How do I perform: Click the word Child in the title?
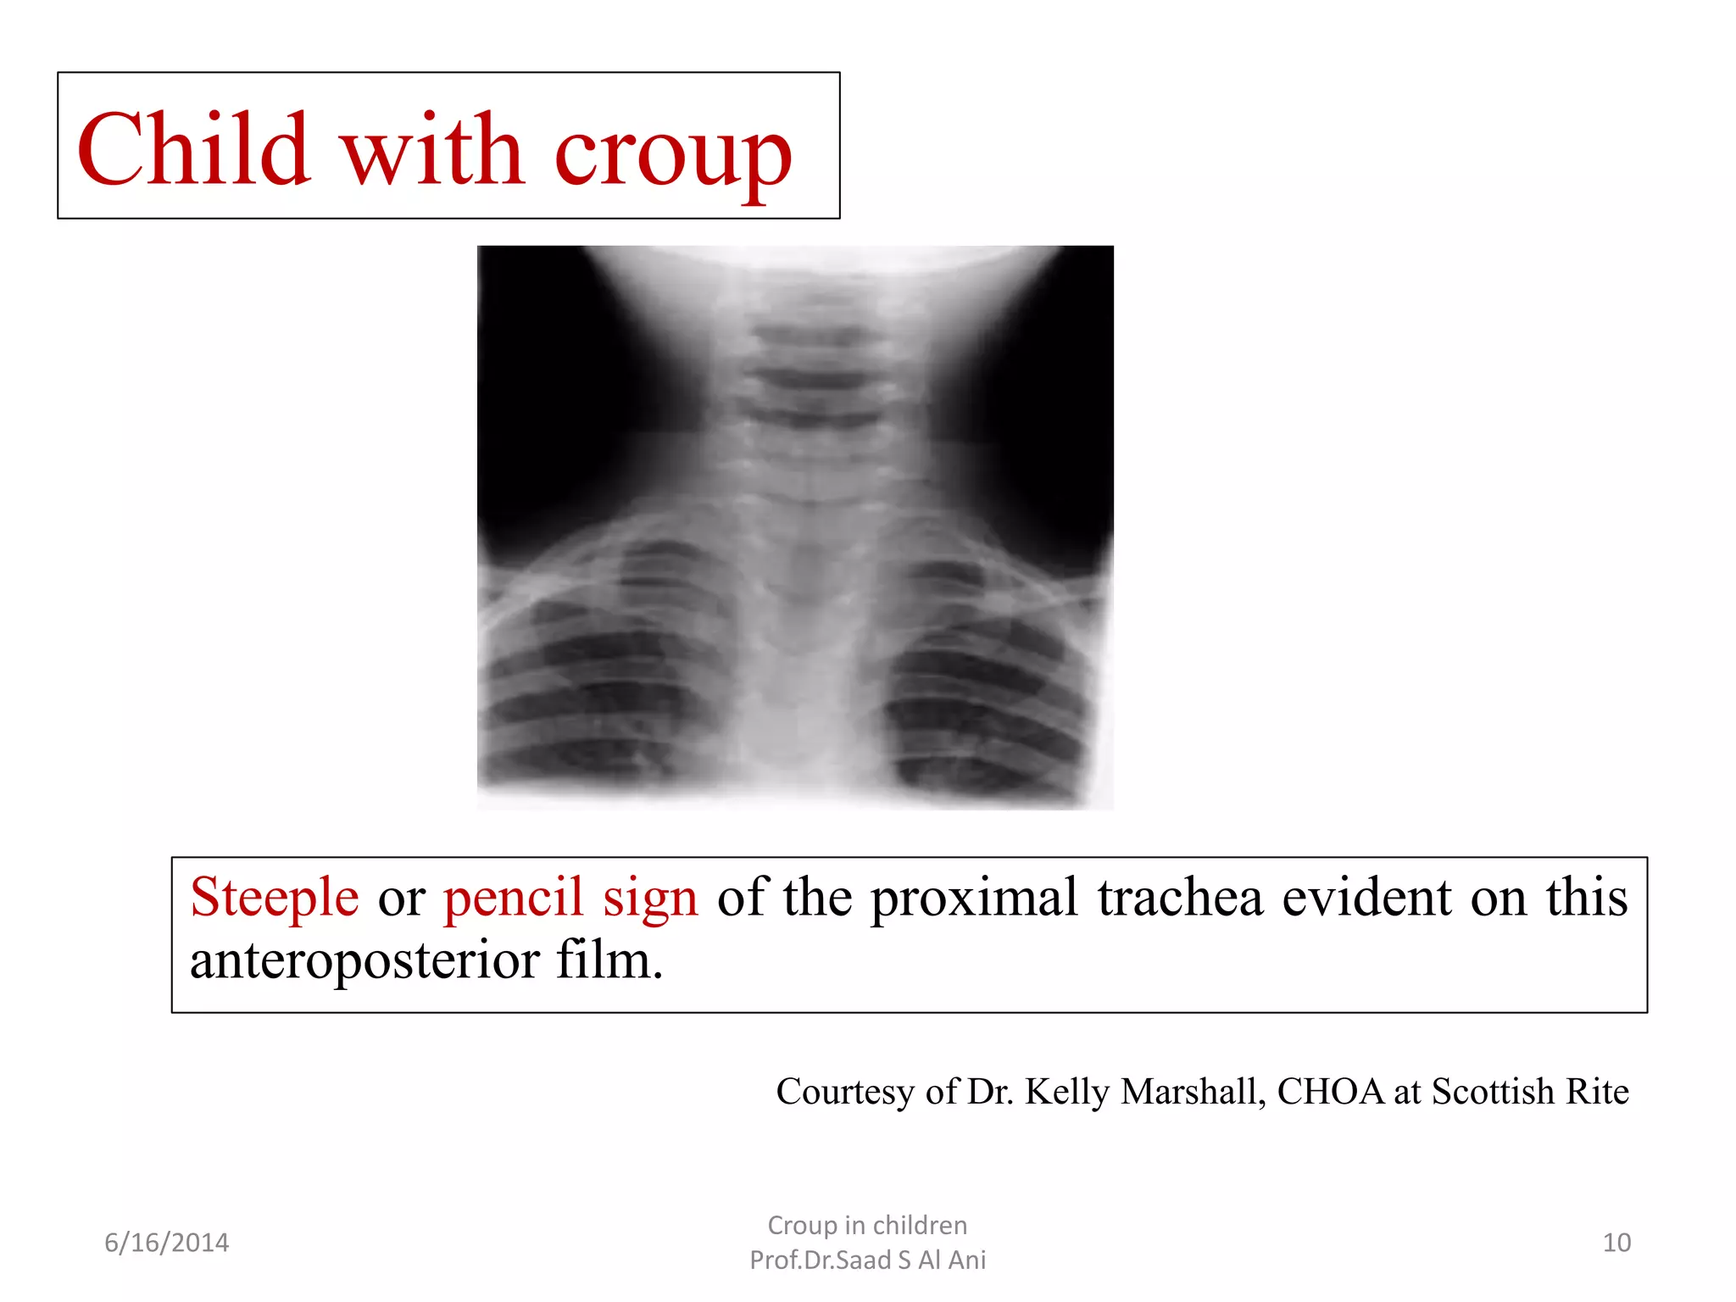193,149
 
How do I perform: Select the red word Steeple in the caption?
275,899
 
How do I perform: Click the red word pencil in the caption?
514,899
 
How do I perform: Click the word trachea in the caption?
1180,897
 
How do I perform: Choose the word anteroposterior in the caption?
364,961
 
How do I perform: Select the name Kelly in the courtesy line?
1067,1092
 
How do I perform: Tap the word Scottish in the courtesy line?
1493,1092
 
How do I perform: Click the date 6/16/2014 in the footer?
166,1243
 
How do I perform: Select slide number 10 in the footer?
1616,1243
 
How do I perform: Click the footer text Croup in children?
867,1226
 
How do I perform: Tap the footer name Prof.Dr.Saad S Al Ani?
867,1260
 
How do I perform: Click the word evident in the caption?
1366,897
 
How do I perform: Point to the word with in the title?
432,149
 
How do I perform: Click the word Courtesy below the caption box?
845,1092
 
